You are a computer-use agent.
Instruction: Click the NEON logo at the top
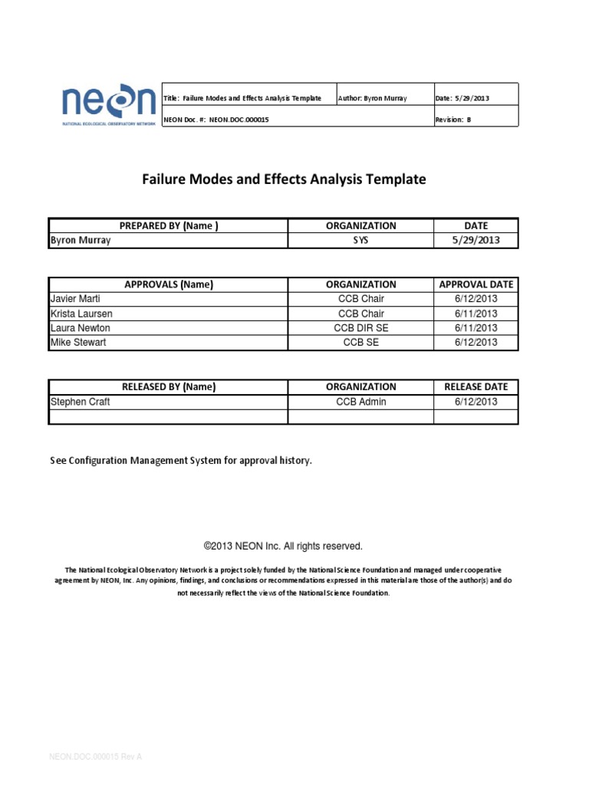[x=108, y=105]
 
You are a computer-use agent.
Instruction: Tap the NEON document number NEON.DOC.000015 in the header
[x=217, y=120]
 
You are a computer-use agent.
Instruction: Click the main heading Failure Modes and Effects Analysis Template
[x=284, y=179]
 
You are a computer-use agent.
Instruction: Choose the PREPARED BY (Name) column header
[x=169, y=225]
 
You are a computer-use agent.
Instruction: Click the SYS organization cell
[x=360, y=240]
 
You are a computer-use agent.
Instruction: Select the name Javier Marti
[x=75, y=299]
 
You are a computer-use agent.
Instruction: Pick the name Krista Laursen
[x=81, y=314]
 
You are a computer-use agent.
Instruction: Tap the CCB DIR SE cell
[x=360, y=328]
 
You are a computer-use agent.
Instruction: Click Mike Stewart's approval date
[x=475, y=343]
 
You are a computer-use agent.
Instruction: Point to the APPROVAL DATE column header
[x=475, y=284]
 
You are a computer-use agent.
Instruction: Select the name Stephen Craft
[x=80, y=402]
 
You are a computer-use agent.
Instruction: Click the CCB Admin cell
[x=360, y=402]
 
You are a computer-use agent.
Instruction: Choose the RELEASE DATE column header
[x=475, y=387]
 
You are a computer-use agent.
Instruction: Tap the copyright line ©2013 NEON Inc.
[x=283, y=547]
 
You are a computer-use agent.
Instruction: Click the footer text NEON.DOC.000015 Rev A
[x=96, y=757]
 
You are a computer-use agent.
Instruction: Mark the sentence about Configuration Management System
[x=181, y=461]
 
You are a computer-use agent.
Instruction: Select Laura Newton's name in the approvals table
[x=81, y=328]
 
